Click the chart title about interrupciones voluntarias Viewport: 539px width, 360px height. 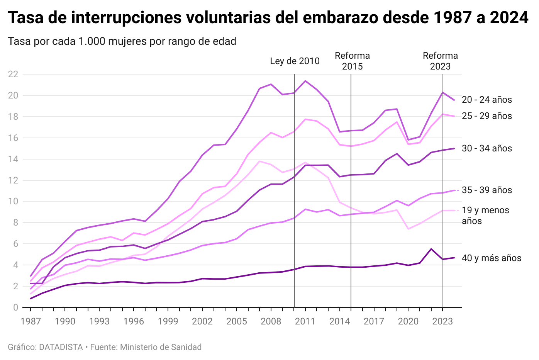click(268, 18)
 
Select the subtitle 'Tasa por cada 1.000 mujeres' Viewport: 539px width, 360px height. click(122, 41)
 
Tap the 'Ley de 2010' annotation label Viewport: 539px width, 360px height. click(295, 61)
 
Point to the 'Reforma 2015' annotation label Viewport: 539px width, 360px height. click(352, 61)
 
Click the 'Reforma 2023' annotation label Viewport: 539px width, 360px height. click(440, 61)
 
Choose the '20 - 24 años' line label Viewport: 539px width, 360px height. click(487, 100)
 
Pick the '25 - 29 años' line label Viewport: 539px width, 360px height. click(487, 116)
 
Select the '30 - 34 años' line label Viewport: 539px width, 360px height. click(487, 148)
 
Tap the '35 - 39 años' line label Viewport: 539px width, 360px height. click(487, 190)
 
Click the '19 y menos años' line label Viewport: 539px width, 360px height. click(485, 216)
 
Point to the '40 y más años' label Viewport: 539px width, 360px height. click(492, 258)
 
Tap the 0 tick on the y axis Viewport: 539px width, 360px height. click(15, 307)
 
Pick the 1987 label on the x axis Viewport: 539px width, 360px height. click(31, 321)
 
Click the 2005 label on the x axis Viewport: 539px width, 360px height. click(237, 321)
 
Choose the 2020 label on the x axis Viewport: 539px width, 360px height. click(408, 321)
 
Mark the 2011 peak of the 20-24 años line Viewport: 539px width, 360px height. click(305, 81)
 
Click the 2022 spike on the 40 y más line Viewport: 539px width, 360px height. click(431, 249)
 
